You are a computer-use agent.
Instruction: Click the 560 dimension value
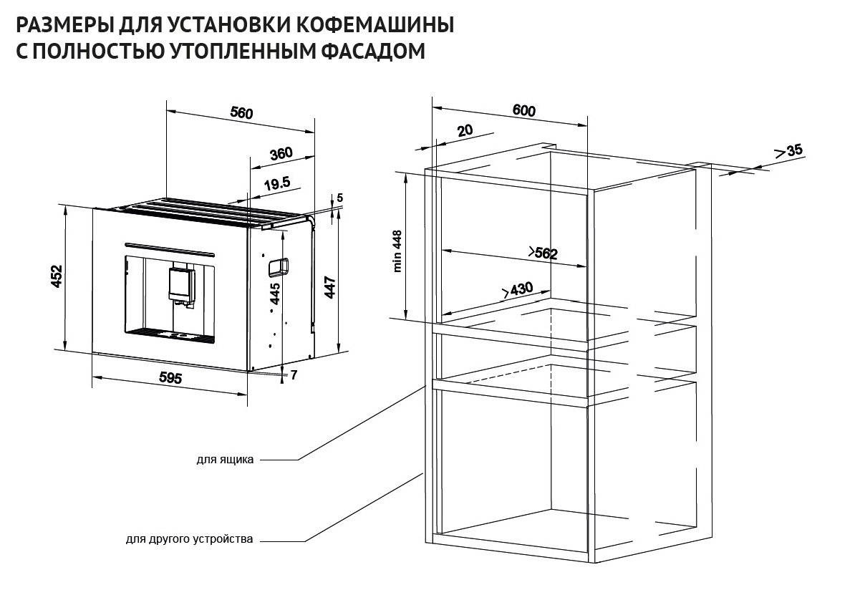242,112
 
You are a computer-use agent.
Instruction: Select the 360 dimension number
281,153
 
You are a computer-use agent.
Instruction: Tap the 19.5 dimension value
276,184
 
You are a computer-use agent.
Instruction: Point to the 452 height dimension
57,276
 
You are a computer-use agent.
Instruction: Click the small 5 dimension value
340,198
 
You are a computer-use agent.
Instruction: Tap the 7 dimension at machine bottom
294,375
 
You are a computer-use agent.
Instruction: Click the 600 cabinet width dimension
524,110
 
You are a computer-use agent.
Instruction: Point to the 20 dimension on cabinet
465,130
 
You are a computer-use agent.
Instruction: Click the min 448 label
398,251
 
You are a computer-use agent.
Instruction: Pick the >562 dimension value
542,252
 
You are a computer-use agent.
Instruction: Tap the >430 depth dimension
517,289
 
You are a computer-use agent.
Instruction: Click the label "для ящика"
225,460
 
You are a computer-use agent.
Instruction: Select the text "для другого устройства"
189,539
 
